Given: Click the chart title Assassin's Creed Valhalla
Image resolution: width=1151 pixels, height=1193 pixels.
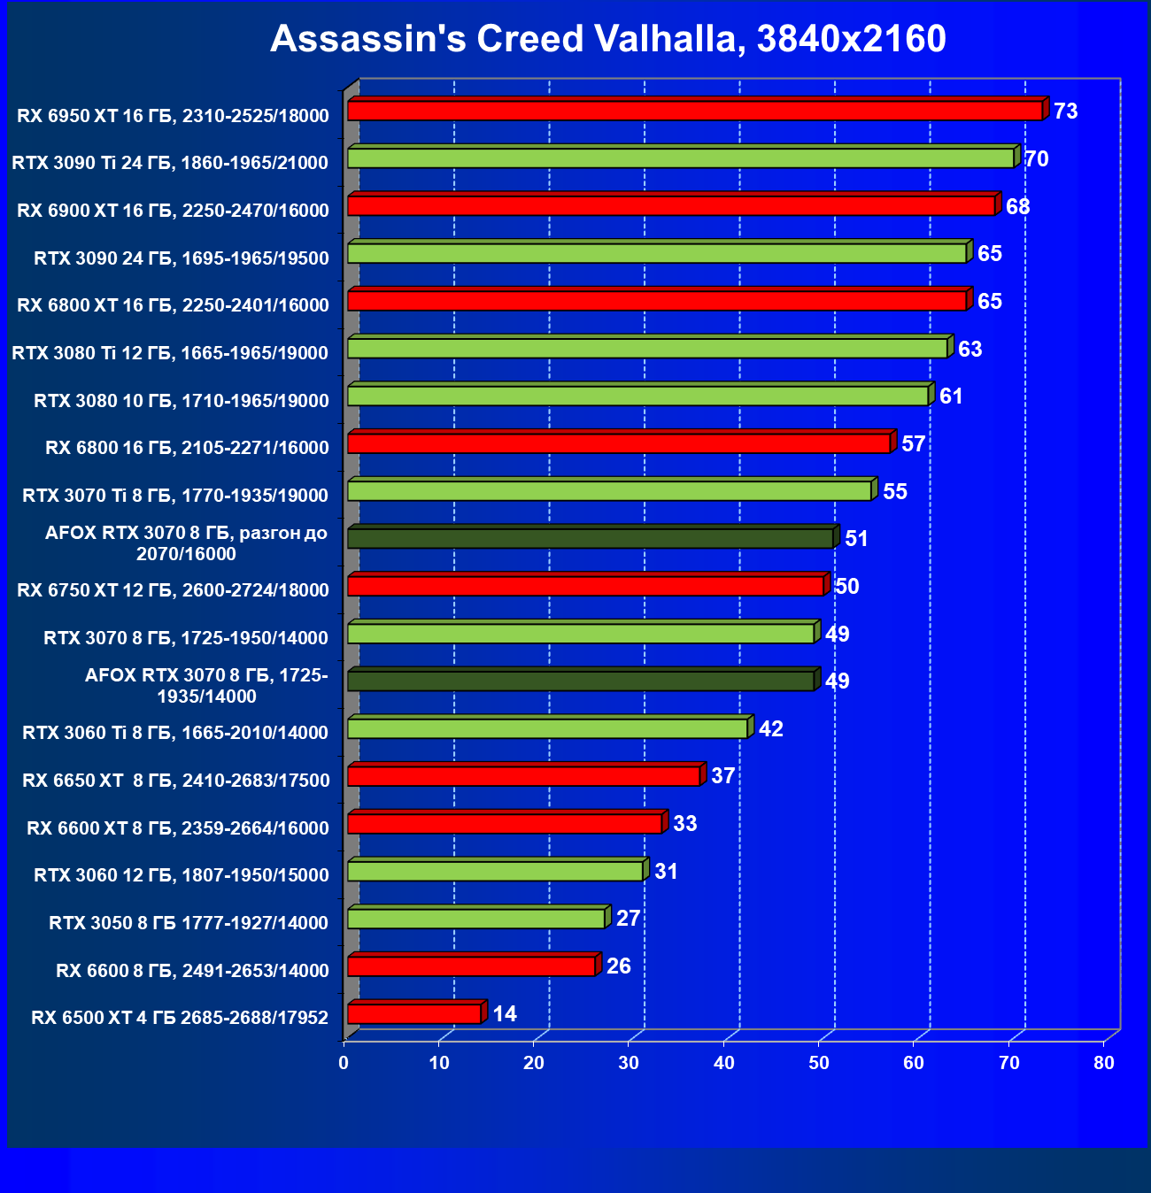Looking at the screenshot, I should (608, 39).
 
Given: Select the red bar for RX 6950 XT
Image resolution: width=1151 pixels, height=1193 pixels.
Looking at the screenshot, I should (695, 111).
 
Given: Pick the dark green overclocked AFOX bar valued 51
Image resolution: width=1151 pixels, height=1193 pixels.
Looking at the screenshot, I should (590, 538).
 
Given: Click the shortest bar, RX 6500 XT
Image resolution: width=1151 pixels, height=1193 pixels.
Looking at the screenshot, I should (414, 1013).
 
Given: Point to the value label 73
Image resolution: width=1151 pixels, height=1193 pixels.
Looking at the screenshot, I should (1066, 112).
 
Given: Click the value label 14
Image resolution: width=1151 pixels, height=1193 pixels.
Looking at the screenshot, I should (505, 1013).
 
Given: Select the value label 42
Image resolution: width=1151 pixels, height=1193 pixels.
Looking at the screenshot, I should (771, 728).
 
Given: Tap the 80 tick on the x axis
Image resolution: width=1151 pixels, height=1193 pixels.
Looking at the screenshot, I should (1104, 1063).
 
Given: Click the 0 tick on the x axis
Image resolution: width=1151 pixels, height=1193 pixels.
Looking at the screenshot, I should (344, 1063).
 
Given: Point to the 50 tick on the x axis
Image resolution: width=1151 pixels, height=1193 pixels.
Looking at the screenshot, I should (819, 1063).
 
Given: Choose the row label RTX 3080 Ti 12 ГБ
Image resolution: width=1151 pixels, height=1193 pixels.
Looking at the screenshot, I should (170, 353).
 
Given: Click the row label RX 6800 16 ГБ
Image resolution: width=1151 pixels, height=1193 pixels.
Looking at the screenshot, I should (187, 448).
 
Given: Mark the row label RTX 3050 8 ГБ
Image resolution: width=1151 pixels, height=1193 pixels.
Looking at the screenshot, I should (189, 923).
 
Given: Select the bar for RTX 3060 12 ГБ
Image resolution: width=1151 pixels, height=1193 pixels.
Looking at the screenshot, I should (495, 871).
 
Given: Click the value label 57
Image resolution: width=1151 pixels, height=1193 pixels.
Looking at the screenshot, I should (914, 443).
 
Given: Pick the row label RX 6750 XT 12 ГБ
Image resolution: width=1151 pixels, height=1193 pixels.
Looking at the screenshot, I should (173, 590).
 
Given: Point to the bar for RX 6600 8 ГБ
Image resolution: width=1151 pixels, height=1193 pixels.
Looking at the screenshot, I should (471, 966).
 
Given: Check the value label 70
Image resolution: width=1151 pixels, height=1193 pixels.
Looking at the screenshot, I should (1037, 159).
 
